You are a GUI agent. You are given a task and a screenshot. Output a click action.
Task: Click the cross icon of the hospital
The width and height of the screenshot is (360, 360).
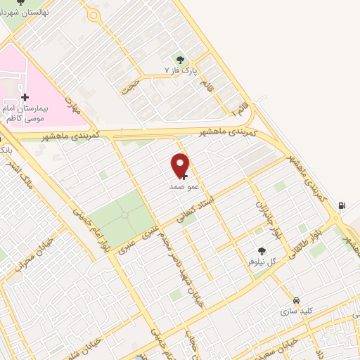click(25, 97)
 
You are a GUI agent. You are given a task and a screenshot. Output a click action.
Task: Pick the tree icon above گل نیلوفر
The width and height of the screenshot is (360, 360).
click(262, 250)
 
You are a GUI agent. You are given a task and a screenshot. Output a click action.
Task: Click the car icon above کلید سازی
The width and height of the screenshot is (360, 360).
click(297, 299)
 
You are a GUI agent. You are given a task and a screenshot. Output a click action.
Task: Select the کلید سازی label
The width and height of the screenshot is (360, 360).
click(297, 310)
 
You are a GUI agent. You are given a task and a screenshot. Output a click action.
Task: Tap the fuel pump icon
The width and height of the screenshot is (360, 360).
click(342, 205)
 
